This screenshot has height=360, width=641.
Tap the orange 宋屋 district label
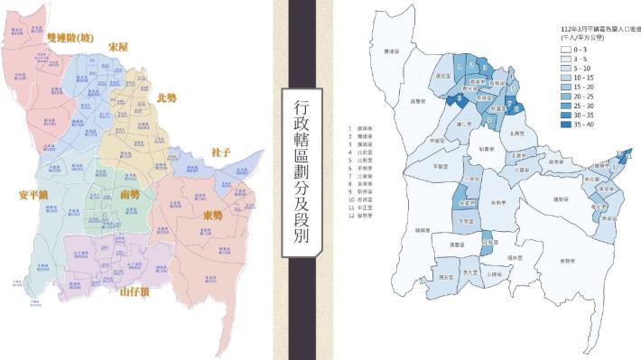(118, 46)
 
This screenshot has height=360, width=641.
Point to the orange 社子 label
(222, 152)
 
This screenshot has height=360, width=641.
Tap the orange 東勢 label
(213, 216)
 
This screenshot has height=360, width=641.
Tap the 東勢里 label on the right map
(569, 261)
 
